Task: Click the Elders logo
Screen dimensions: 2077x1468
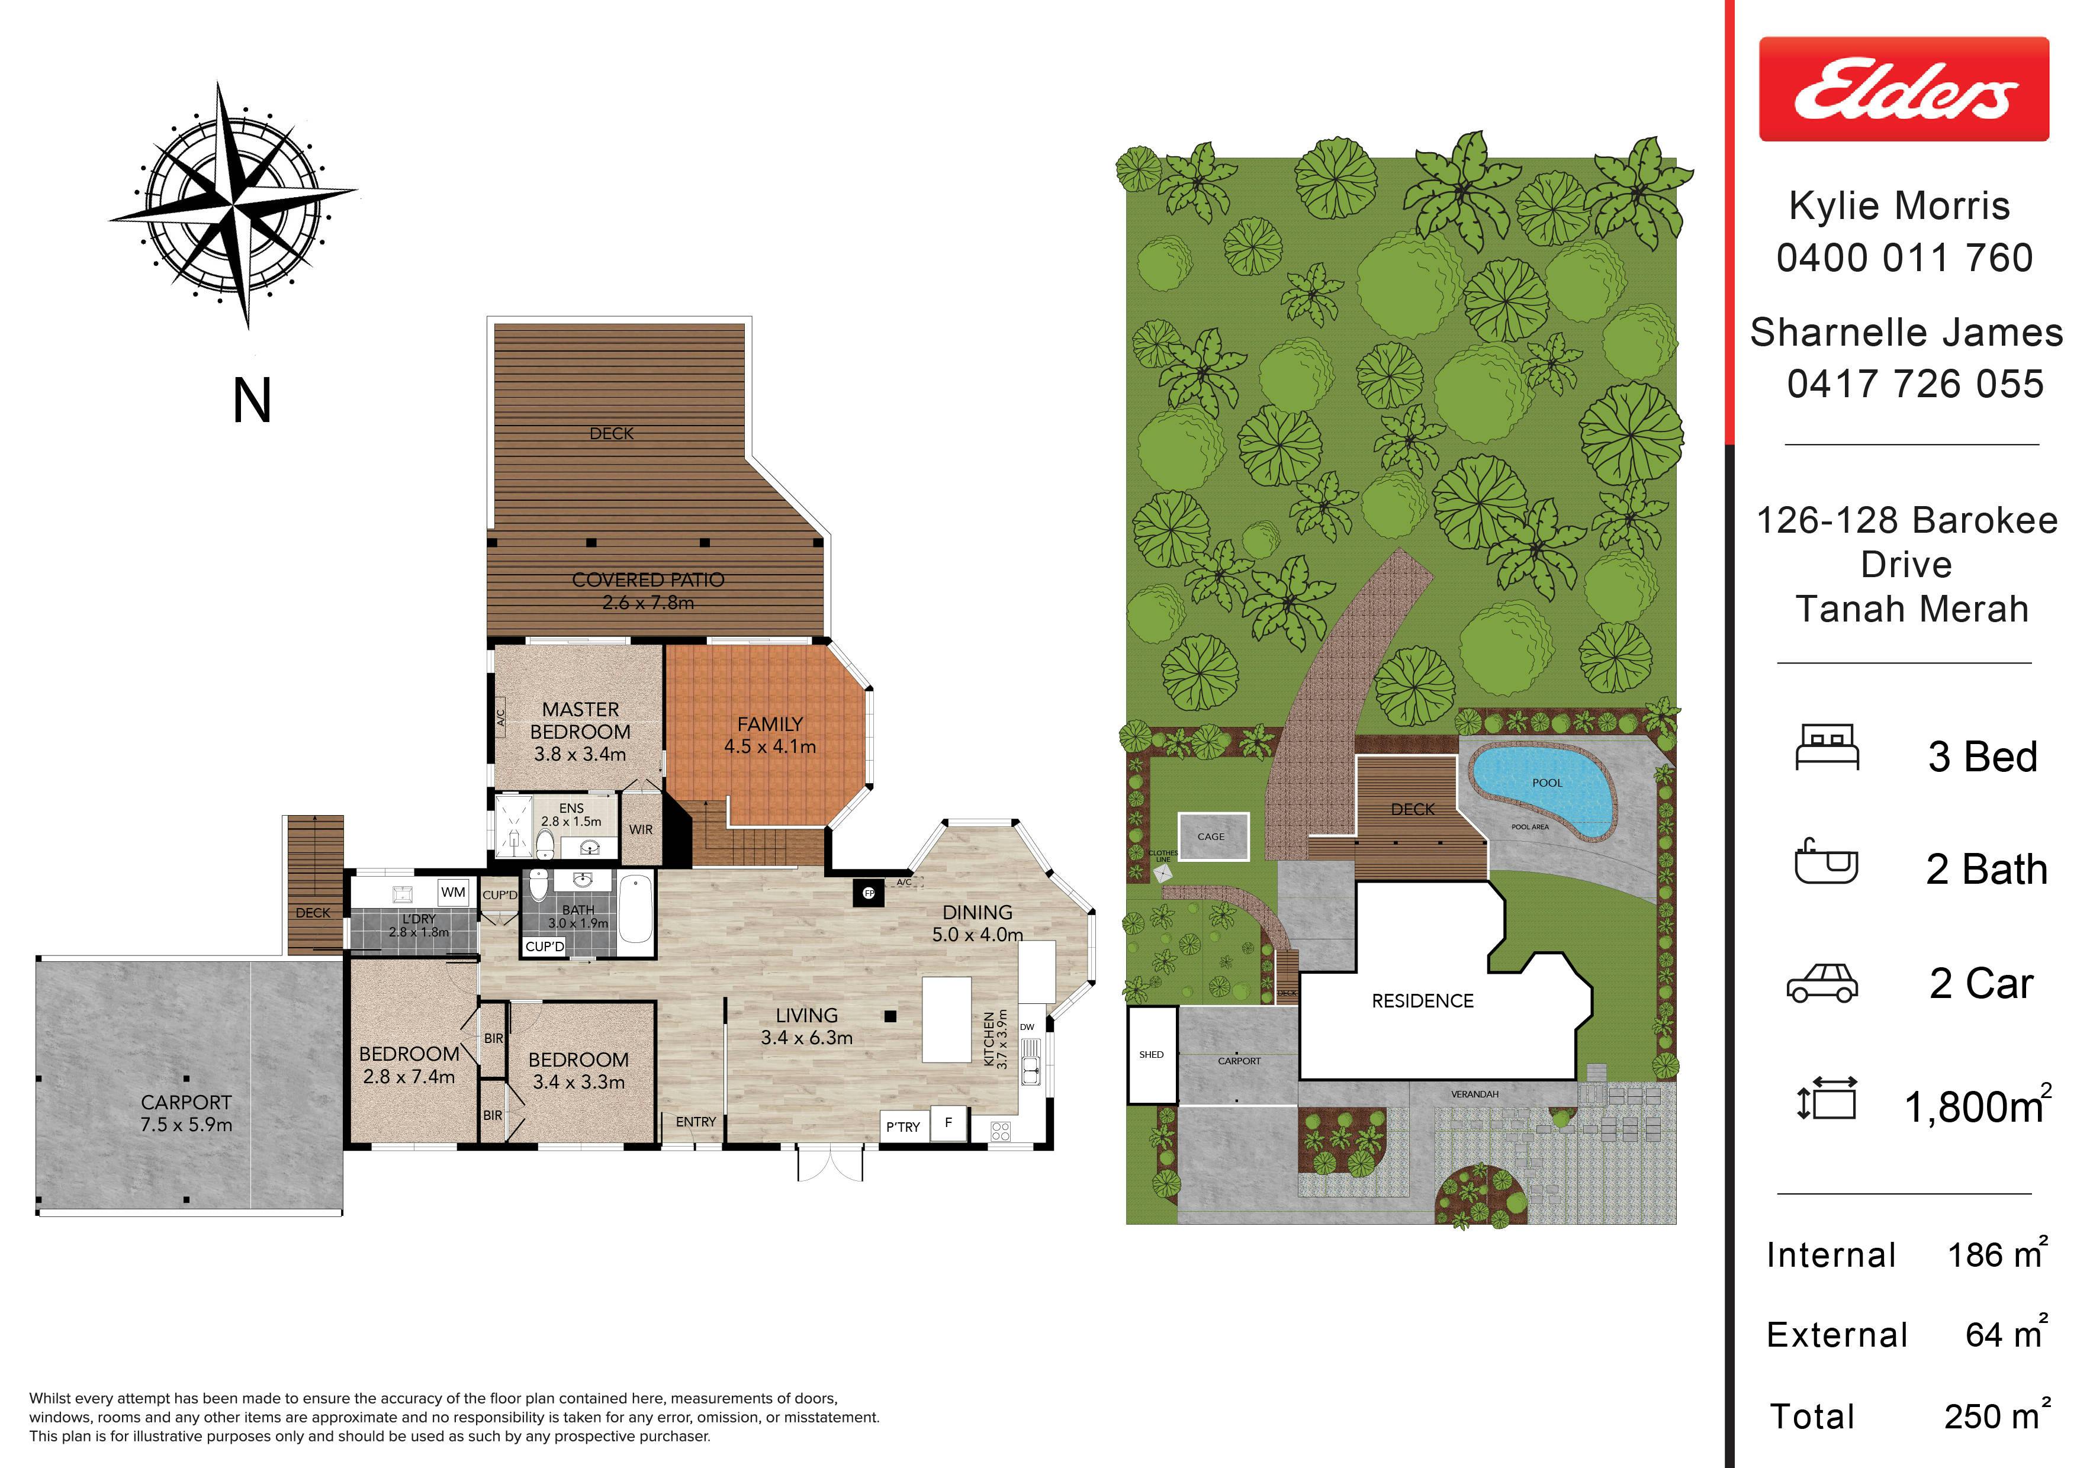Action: point(1904,89)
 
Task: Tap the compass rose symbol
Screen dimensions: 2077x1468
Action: point(233,205)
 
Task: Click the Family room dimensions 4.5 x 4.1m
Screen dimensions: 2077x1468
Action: point(770,747)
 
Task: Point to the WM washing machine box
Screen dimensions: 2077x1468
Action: point(453,892)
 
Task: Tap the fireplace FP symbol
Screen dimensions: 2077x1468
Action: point(869,893)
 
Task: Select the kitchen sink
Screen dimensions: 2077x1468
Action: point(1030,1061)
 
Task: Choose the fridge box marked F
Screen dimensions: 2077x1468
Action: point(948,1122)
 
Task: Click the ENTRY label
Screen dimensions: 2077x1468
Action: point(696,1122)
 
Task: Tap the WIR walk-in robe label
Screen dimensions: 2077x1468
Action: point(641,829)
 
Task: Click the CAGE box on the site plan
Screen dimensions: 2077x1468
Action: point(1213,836)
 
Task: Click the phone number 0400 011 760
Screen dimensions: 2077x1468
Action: point(1904,257)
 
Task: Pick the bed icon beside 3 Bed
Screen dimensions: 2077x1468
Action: point(1827,748)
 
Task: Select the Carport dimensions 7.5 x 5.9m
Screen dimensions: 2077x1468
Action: point(187,1125)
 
